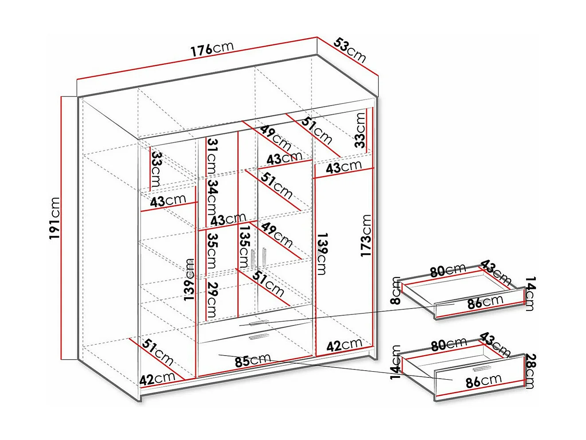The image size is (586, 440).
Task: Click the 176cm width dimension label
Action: click(212, 49)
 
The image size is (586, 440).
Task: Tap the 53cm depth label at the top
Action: click(350, 50)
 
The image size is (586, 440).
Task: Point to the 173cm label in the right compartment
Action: click(366, 235)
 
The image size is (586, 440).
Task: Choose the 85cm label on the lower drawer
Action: click(253, 360)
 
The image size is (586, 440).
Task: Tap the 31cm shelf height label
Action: click(213, 156)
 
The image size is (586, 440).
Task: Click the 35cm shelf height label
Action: click(213, 251)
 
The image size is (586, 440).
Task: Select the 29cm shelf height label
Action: click(213, 300)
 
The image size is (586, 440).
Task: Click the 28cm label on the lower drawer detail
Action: click(530, 372)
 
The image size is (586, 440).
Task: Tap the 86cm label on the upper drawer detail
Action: click(485, 302)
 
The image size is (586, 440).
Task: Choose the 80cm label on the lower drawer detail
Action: click(449, 345)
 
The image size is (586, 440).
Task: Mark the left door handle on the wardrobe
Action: click(253, 259)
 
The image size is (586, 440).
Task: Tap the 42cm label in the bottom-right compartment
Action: click(344, 345)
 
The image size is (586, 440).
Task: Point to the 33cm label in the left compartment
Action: click(156, 170)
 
